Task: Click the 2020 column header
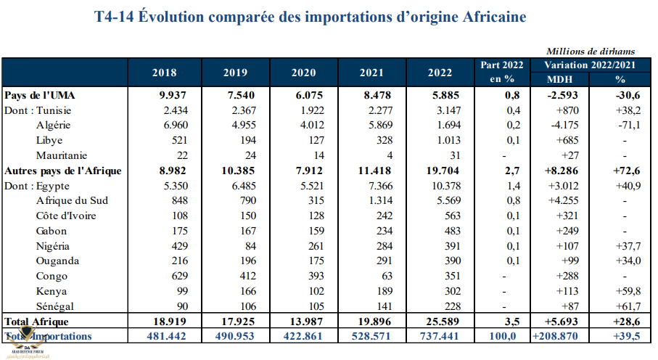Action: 303,73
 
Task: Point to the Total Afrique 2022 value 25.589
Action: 437,321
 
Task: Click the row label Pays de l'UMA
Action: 40,95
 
